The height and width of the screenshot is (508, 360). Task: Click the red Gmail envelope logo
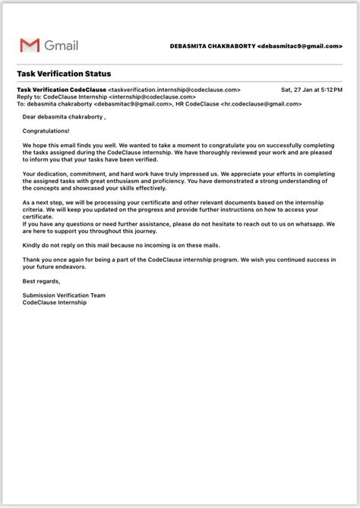[30, 46]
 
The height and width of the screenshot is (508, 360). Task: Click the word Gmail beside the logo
[61, 46]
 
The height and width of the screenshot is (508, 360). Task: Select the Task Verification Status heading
[64, 74]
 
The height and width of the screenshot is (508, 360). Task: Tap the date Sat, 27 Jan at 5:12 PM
[311, 90]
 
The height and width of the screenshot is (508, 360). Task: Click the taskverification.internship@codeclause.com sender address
[174, 90]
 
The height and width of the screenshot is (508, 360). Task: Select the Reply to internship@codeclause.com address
[152, 97]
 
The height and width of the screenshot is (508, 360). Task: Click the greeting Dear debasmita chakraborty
[64, 118]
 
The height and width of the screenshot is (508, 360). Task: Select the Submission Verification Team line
[64, 295]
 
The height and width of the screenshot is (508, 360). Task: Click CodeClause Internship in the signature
[55, 302]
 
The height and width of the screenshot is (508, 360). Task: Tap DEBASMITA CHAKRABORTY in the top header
[212, 46]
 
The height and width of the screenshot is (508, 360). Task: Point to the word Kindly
[31, 245]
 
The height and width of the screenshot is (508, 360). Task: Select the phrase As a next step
[41, 203]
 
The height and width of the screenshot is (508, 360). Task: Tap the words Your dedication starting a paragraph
[46, 174]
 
